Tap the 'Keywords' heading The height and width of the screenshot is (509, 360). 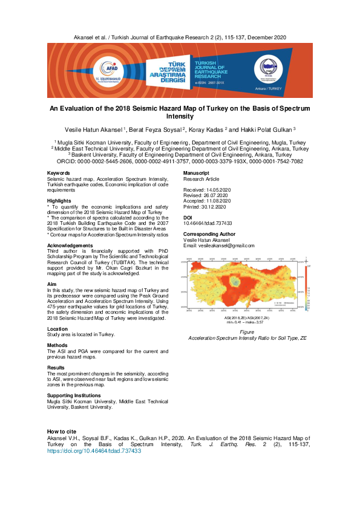coord(58,173)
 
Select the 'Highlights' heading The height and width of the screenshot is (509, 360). coord(59,201)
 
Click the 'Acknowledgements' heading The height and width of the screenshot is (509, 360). coord(70,245)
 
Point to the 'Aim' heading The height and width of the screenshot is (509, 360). coord(52,284)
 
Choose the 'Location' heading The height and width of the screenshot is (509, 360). coord(58,328)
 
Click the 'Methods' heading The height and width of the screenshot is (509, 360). coord(57,345)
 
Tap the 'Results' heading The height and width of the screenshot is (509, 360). coord(57,368)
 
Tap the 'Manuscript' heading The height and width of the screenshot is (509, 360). coord(197,173)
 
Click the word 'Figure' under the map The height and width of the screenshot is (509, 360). coord(246,332)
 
